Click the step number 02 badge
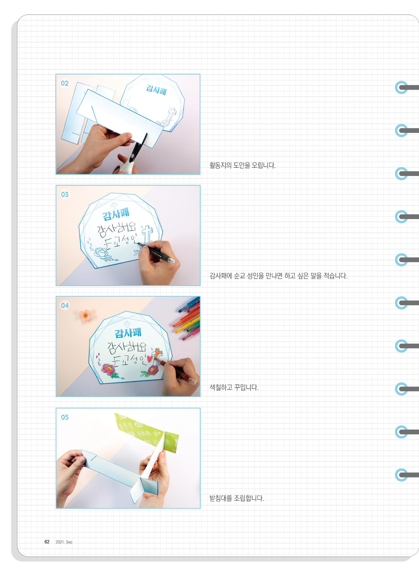[x=65, y=83]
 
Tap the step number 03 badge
[x=65, y=194]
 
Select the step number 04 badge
[x=65, y=306]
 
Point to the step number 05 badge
[x=65, y=417]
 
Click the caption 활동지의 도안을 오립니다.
[x=242, y=165]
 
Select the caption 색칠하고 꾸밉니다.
[x=234, y=387]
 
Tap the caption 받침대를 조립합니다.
[x=237, y=498]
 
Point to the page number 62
[x=47, y=542]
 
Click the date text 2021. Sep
[x=64, y=542]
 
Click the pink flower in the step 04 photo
[x=84, y=314]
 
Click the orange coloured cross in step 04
[x=158, y=354]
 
